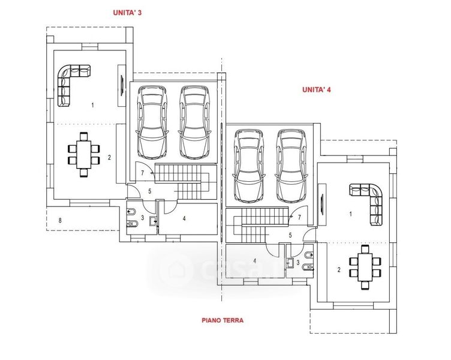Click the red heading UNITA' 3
pyautogui.click(x=127, y=13)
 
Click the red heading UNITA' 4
pyautogui.click(x=317, y=89)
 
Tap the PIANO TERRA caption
pyautogui.click(x=223, y=320)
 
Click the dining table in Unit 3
pyautogui.click(x=84, y=154)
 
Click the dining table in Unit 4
pyautogui.click(x=365, y=267)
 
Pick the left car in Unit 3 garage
pyautogui.click(x=152, y=122)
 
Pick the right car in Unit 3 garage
pyautogui.click(x=194, y=122)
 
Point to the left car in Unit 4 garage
pyautogui.click(x=249, y=166)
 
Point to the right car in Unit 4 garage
pyautogui.click(x=290, y=166)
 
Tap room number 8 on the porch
pyautogui.click(x=60, y=220)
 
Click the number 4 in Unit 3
pyautogui.click(x=184, y=218)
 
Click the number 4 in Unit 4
pyautogui.click(x=254, y=261)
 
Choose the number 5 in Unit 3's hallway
pyautogui.click(x=149, y=191)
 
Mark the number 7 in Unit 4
pyautogui.click(x=299, y=217)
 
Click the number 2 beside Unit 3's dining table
pyautogui.click(x=109, y=157)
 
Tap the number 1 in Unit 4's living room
pyautogui.click(x=350, y=214)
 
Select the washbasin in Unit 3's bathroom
pyautogui.click(x=154, y=221)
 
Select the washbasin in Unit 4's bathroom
pyautogui.click(x=289, y=263)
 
